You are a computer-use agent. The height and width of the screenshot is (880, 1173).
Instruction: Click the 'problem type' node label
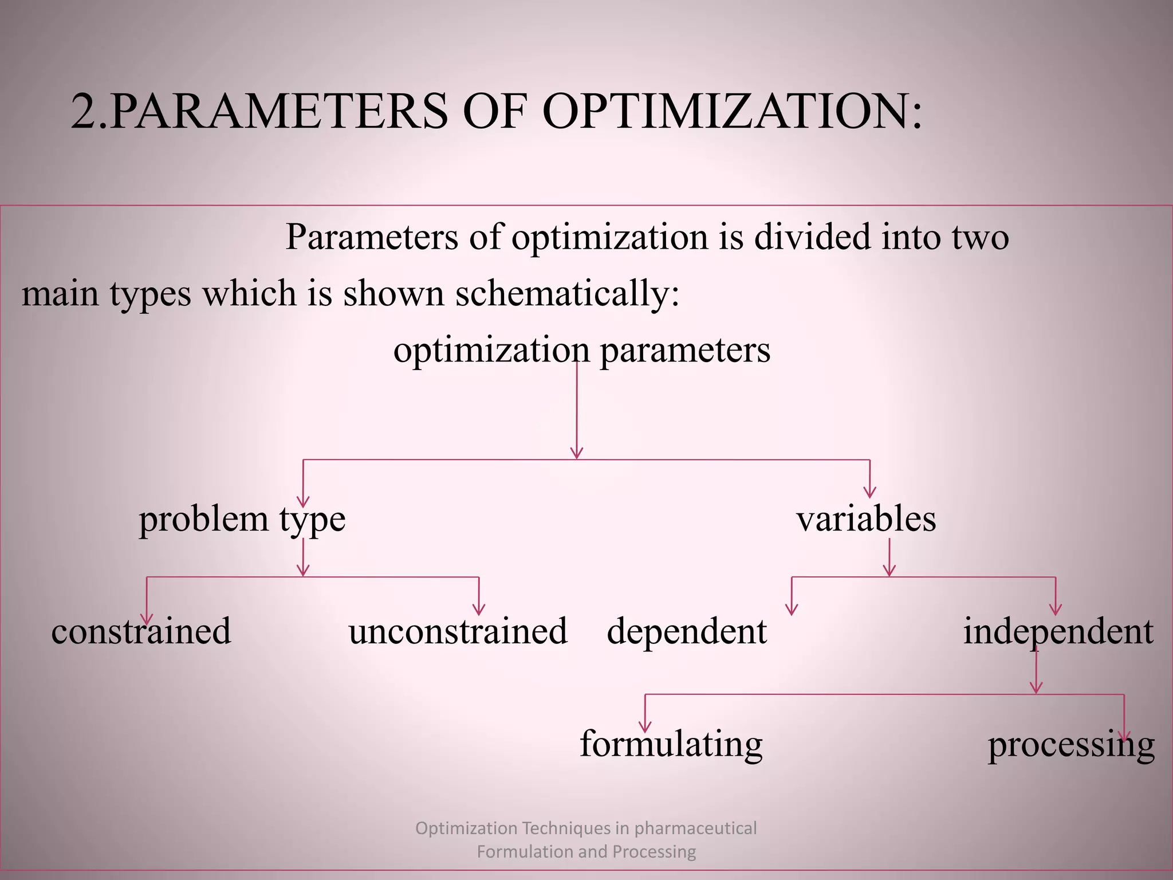point(242,520)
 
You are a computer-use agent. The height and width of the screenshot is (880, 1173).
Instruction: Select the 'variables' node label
point(866,518)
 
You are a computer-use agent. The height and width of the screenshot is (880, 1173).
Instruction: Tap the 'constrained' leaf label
point(141,631)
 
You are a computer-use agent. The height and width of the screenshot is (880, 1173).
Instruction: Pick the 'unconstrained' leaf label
point(458,631)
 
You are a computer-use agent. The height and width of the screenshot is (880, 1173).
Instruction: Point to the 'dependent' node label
point(687,631)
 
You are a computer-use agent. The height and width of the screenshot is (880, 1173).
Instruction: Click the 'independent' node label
point(1058,631)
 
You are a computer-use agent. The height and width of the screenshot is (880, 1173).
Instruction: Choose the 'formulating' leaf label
point(671,744)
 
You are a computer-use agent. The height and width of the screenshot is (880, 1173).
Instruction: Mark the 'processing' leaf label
point(1071,745)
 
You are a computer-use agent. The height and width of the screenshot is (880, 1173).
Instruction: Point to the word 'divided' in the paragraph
point(812,237)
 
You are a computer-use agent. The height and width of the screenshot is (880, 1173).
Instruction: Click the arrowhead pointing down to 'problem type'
point(303,501)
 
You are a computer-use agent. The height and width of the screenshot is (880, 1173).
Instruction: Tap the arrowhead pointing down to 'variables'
point(870,492)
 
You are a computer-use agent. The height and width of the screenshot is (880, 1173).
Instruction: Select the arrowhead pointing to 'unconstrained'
point(479,610)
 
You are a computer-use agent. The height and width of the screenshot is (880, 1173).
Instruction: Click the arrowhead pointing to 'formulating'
point(645,727)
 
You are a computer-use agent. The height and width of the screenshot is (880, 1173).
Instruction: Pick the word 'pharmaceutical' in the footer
point(695,828)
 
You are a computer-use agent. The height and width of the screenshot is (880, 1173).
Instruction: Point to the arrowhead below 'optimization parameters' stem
point(577,453)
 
